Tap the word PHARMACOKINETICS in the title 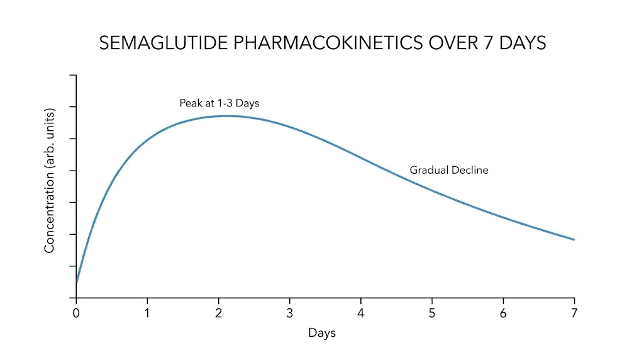313,43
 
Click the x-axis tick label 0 76,313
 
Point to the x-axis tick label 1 147,313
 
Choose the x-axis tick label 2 218,313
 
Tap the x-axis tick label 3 289,313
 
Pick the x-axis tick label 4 360,313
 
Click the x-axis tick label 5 431,313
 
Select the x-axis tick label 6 503,313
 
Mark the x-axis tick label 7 574,313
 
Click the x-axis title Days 322,333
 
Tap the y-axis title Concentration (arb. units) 50,181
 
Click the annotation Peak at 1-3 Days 219,103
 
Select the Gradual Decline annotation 449,170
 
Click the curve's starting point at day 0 77,284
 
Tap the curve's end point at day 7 574,240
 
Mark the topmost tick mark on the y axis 73,75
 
